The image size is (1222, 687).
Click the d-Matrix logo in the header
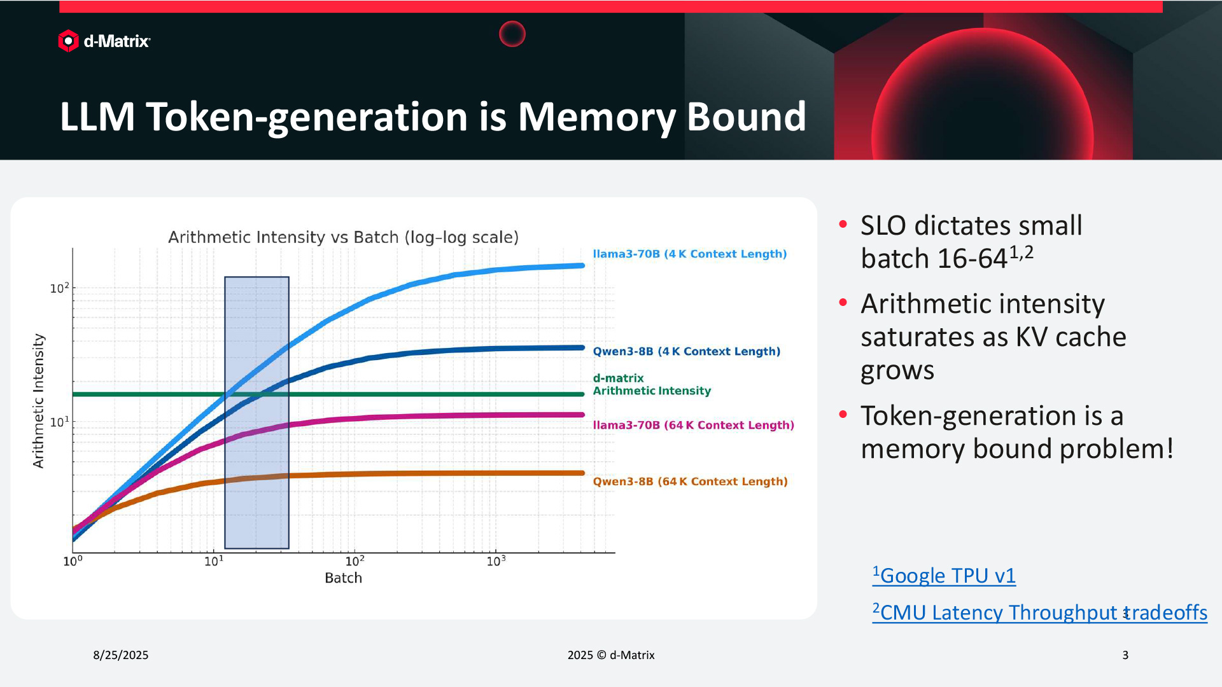click(104, 41)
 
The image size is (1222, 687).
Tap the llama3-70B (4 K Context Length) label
click(689, 254)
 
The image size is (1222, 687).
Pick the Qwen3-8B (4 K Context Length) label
click(686, 351)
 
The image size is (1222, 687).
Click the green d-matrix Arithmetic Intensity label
click(651, 384)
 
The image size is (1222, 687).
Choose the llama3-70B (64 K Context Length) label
click(693, 425)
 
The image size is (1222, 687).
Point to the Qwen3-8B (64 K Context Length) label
click(690, 482)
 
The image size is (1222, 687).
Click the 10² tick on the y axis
click(59, 288)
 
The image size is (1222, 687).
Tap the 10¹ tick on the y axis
click(59, 422)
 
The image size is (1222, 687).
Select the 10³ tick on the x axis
click(496, 561)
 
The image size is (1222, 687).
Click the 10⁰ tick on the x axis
click(73, 561)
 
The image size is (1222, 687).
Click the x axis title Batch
click(343, 578)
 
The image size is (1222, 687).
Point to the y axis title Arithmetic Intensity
click(39, 401)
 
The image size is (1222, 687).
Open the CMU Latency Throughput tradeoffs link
click(1039, 612)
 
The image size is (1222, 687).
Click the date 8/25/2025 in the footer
click(120, 655)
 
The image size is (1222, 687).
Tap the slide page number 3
click(1125, 655)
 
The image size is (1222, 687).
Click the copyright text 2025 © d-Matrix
click(611, 655)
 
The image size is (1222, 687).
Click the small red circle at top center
click(512, 34)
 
